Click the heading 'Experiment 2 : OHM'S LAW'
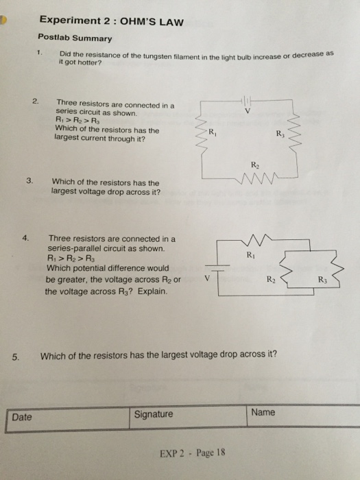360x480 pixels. click(x=110, y=21)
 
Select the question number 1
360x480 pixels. click(x=40, y=52)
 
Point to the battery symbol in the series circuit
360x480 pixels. click(x=246, y=100)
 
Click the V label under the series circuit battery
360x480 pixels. click(x=246, y=110)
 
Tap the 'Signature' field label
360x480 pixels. click(x=154, y=414)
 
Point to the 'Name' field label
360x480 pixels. click(x=263, y=412)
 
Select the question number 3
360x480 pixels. click(x=29, y=182)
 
